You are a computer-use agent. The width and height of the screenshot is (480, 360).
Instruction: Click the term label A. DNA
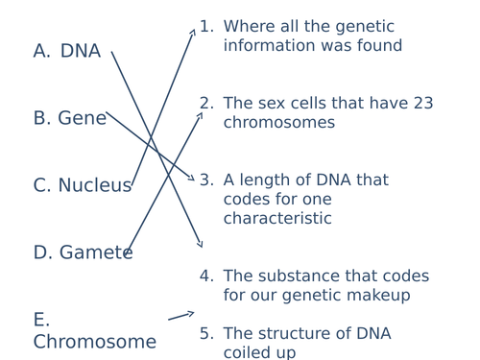click(67, 52)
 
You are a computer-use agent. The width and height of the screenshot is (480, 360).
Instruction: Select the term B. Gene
click(69, 119)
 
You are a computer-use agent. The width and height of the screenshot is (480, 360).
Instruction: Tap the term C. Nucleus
click(82, 186)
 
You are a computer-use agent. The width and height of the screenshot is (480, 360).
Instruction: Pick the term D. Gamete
click(83, 253)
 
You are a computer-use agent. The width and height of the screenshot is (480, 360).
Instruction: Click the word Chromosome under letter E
click(94, 343)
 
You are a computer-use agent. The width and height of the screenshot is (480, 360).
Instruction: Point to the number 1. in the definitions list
click(206, 27)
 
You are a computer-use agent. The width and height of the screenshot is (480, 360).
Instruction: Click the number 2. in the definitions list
click(206, 104)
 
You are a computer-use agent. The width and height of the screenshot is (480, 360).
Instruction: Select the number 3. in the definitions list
click(206, 180)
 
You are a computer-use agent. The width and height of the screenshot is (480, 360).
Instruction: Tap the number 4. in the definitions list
click(206, 276)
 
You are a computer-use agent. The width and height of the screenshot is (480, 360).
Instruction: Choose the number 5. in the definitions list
click(206, 334)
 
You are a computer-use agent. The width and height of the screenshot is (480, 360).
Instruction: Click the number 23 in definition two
click(422, 104)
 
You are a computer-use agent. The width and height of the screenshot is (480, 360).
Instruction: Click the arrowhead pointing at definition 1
click(193, 32)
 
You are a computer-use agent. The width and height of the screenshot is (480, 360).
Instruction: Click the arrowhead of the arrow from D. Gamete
click(201, 115)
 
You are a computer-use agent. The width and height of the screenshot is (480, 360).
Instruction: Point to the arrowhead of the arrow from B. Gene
click(192, 179)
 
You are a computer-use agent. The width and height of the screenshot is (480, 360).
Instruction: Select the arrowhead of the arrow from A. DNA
click(200, 245)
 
